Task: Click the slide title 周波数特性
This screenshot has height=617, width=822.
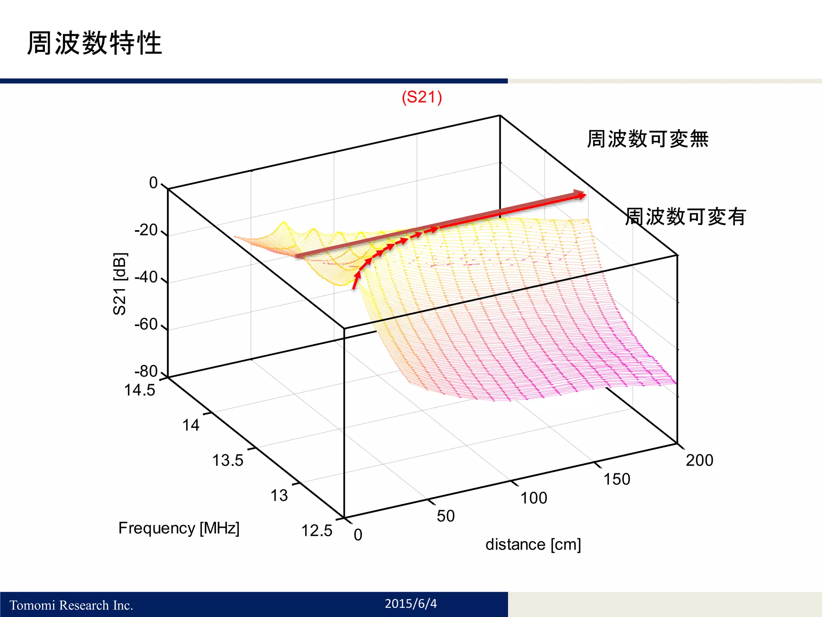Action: click(x=94, y=43)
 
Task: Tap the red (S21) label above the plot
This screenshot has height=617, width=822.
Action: click(x=422, y=97)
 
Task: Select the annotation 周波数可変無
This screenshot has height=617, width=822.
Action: click(x=647, y=139)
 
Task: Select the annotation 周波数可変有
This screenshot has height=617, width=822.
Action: click(x=686, y=217)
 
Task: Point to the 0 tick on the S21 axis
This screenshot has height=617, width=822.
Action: click(x=153, y=183)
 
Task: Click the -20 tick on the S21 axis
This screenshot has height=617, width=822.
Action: click(x=146, y=230)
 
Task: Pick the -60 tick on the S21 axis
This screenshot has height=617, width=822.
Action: click(x=146, y=324)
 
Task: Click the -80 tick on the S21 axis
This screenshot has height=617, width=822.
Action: click(x=146, y=371)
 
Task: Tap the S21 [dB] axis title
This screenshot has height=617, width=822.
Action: click(x=120, y=284)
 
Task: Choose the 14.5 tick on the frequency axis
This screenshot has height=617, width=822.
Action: click(x=139, y=390)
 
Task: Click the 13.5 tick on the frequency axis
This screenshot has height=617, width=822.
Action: click(x=228, y=460)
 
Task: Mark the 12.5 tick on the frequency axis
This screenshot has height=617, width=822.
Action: click(x=317, y=531)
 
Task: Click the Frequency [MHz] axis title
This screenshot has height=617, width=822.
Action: click(x=179, y=528)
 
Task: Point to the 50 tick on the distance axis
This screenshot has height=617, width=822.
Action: click(x=446, y=516)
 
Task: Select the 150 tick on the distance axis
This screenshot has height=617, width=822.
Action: click(x=617, y=479)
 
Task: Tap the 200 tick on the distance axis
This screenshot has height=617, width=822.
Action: click(x=699, y=460)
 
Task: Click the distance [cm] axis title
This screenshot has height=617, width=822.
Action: click(x=533, y=545)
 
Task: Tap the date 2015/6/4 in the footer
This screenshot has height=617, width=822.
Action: click(x=411, y=603)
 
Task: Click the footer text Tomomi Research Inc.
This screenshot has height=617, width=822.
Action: click(x=71, y=605)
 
